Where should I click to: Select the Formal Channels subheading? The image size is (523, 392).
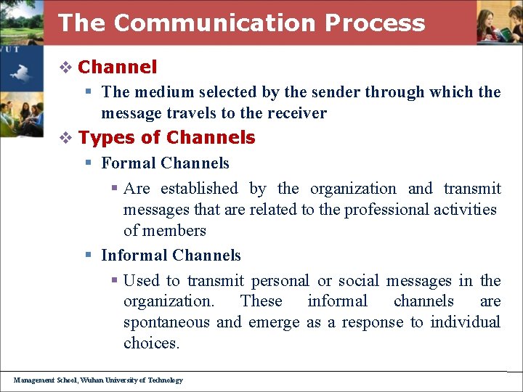coord(165,163)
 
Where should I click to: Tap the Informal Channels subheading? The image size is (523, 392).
coord(171,256)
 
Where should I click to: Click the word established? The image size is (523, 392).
coord(199,189)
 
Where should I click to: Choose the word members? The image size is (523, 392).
coord(175,231)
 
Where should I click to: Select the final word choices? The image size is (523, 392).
coord(151,343)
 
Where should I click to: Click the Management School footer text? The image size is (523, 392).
coord(98,380)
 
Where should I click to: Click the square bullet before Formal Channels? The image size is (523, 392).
coord(88,163)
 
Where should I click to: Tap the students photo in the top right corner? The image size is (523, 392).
coord(499,23)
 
